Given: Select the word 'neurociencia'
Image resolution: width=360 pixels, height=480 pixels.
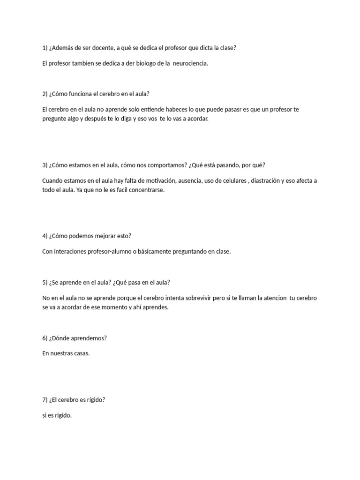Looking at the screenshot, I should tap(190, 63).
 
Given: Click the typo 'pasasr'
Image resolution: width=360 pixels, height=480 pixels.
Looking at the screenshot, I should tap(235, 109).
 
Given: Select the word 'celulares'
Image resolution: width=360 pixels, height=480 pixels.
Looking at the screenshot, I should tap(232, 180).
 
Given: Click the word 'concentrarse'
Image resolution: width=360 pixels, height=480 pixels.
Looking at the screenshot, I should tap(148, 190).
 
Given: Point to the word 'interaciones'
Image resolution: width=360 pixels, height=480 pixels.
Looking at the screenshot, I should tap(70, 252).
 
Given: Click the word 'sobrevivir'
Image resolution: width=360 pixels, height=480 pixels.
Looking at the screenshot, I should tap(206, 298).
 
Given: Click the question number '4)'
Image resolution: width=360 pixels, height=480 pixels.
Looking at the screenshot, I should tap(45, 236).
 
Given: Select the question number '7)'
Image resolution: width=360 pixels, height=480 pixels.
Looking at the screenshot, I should tap(45, 400).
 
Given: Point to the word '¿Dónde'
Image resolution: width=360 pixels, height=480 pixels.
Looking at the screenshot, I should tap(60, 338).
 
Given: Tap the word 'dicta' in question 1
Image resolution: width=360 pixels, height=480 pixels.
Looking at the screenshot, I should tap(195, 48).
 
